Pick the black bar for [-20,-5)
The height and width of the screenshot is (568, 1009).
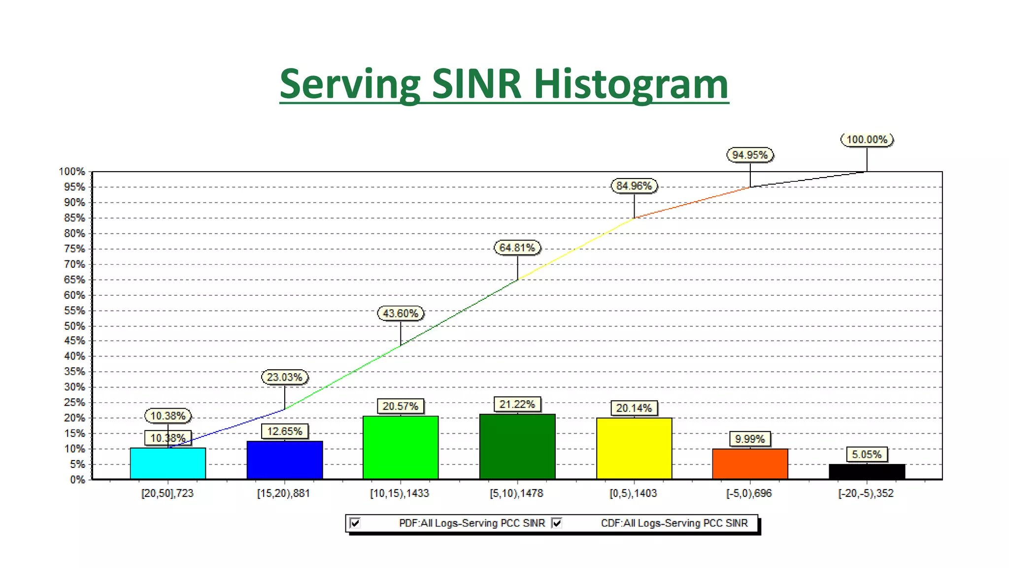tap(867, 471)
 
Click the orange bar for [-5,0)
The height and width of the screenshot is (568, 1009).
tap(750, 463)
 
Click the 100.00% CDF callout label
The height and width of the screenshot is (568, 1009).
tap(867, 140)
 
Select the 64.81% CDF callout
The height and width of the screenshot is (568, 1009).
tap(517, 248)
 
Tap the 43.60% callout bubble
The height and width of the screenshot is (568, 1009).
tap(401, 314)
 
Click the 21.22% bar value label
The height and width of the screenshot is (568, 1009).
tap(517, 404)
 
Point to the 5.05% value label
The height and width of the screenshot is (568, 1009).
tap(867, 455)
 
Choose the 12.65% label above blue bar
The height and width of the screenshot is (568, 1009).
tap(284, 431)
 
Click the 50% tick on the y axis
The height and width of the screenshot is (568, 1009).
tap(74, 326)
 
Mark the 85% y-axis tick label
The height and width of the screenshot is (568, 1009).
tap(74, 218)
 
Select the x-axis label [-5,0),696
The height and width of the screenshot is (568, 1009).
tap(749, 494)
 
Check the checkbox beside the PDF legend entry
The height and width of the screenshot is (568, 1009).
tap(355, 523)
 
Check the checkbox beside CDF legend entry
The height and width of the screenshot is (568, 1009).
tap(557, 523)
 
